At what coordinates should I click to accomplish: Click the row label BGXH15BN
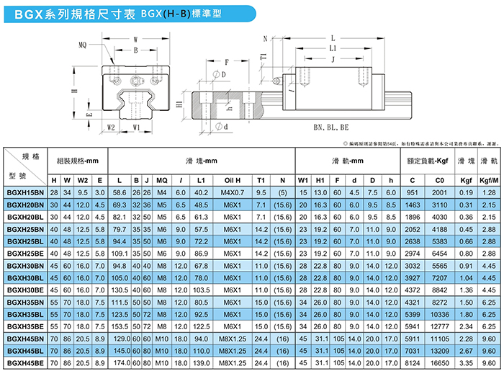point(24,192)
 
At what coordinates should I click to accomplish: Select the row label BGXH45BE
point(24,363)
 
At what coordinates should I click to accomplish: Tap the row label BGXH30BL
point(24,277)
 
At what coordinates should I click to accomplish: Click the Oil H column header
point(232,179)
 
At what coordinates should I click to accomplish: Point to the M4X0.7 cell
point(232,192)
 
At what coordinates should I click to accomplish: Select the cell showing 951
point(412,192)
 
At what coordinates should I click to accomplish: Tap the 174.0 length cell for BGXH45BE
point(120,363)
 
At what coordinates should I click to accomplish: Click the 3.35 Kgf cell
point(465,363)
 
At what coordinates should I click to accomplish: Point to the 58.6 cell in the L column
point(120,192)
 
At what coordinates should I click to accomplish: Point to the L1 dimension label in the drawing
point(333,48)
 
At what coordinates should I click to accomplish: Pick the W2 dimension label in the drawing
point(111,127)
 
